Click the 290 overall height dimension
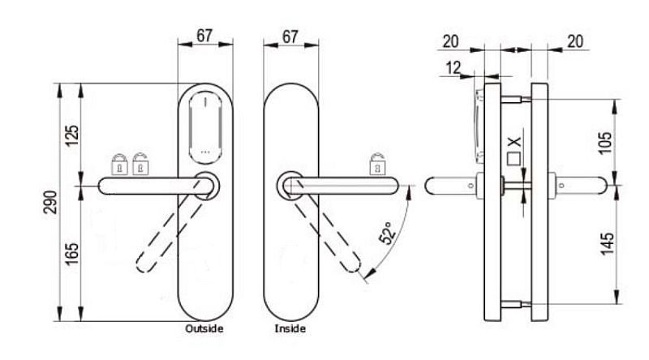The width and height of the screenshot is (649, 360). coord(50,202)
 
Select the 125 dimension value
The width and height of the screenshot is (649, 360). coord(71,135)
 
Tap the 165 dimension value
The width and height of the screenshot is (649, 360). coord(71,254)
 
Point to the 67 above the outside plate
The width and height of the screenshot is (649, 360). coord(204,36)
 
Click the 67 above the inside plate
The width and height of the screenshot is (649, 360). coord(290,36)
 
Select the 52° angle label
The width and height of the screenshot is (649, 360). coord(387,233)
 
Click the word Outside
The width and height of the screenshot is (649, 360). coord(204,328)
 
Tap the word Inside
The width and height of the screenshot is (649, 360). coord(290,328)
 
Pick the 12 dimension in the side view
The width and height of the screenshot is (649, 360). coord(453,68)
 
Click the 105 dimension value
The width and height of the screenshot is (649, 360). coord(605,143)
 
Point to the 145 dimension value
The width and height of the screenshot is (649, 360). coord(607,243)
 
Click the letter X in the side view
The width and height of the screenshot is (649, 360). coord(514,143)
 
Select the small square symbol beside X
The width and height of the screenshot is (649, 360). coord(514,159)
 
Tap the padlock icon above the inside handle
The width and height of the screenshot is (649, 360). coord(377,164)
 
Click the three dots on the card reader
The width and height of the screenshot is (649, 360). coord(205,152)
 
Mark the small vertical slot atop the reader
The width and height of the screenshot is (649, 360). coord(205,101)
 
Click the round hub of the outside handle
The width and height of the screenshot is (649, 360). coord(206,186)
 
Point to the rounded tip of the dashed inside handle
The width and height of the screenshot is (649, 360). coord(354,265)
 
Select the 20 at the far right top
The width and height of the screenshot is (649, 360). coord(575,41)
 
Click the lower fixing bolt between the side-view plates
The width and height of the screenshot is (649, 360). coord(516,305)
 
